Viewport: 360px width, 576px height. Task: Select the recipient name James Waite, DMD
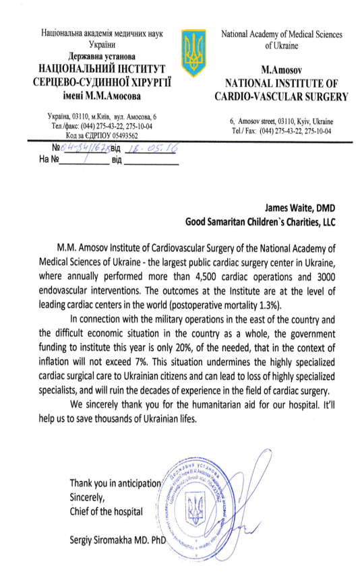pyautogui.click(x=296, y=208)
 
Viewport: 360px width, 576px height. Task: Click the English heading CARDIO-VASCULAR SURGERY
pyautogui.click(x=287, y=96)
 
